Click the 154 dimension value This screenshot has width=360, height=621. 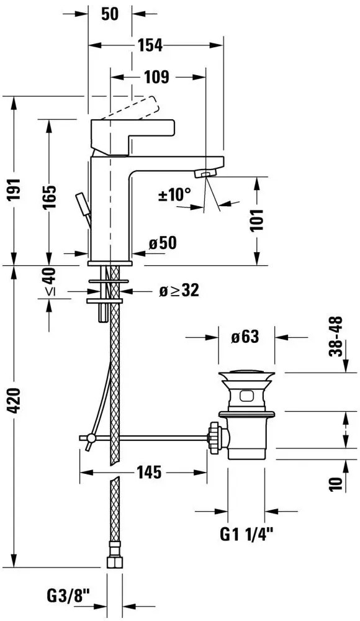pyautogui.click(x=150, y=46)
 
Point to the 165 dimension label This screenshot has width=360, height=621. pyautogui.click(x=49, y=197)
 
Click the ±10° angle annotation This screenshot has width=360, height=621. pyautogui.click(x=174, y=195)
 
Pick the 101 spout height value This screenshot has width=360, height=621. pyautogui.click(x=258, y=220)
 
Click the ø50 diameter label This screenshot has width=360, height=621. pyautogui.click(x=163, y=243)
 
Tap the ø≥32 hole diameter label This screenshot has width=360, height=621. pyautogui.click(x=179, y=291)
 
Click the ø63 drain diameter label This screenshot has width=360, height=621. pyautogui.click(x=245, y=337)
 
